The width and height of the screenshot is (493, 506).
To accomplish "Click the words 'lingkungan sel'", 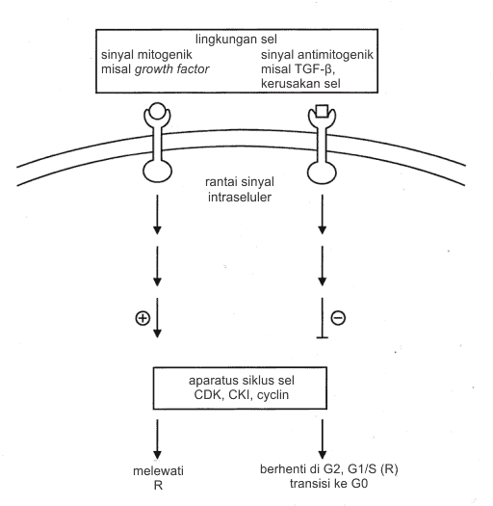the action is (x=236, y=40).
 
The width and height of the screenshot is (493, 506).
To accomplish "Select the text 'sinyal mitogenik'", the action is (x=146, y=55).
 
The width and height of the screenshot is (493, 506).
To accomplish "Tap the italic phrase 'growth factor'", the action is (x=171, y=69).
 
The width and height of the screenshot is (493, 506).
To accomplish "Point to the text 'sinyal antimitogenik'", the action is (x=317, y=55).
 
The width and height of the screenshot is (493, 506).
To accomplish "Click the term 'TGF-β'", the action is (x=312, y=69).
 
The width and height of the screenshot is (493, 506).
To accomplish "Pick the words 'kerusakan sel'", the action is (x=300, y=84).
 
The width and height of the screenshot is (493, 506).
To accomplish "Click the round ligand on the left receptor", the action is (x=157, y=111).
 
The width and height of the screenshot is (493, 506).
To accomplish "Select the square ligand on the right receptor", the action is (x=323, y=111).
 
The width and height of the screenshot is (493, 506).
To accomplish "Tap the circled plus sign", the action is (x=143, y=318).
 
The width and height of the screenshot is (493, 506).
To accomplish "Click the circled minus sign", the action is (x=338, y=317).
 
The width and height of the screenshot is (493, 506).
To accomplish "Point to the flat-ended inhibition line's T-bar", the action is (x=323, y=337).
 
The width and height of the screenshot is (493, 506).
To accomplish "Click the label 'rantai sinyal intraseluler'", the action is (x=240, y=190).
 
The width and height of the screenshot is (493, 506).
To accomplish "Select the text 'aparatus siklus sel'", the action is (x=242, y=381).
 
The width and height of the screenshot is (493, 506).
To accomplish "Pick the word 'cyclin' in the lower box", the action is (x=272, y=395).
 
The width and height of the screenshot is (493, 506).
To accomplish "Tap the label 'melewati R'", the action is (x=158, y=478).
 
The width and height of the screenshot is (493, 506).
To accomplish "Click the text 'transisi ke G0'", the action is (x=328, y=484).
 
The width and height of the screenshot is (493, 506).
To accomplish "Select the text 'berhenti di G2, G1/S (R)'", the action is (x=329, y=469).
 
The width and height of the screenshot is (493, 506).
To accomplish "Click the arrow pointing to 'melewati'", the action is (x=157, y=439).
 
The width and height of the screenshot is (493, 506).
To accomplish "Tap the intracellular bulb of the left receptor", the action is (x=157, y=172).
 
